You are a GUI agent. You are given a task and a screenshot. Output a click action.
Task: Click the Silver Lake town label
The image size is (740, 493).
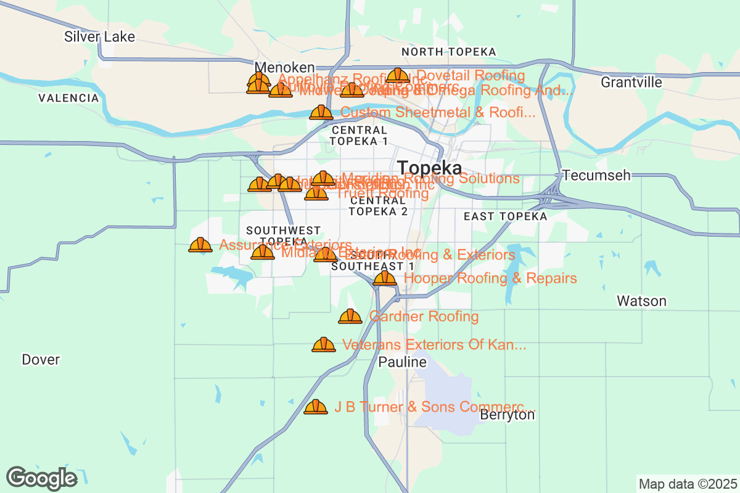(99, 37)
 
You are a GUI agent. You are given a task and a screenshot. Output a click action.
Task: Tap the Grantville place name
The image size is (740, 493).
(631, 83)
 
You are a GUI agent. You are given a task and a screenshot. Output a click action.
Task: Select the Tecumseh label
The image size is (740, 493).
(596, 176)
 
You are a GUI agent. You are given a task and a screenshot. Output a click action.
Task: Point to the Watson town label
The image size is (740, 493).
(641, 301)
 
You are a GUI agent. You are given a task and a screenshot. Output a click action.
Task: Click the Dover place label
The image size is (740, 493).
(41, 359)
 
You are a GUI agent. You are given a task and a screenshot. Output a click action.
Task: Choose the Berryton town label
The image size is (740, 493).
(507, 415)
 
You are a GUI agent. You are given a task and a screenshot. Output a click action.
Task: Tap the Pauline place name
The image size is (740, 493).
(402, 362)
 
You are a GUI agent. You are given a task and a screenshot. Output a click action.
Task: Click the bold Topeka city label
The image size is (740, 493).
(430, 168)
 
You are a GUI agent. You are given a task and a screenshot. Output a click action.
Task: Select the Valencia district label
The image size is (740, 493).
(68, 98)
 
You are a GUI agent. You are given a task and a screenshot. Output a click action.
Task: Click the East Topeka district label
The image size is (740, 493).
(505, 216)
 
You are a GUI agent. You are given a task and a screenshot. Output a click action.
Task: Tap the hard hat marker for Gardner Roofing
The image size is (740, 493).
(350, 317)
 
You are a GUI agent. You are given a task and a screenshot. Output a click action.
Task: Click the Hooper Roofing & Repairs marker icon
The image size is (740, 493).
(385, 279)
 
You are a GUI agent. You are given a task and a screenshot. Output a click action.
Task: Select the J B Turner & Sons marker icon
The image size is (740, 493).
(316, 407)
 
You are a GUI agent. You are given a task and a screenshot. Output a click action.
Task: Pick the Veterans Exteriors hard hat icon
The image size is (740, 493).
(323, 345)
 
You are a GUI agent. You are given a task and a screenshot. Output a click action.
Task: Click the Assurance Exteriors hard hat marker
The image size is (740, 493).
(200, 245)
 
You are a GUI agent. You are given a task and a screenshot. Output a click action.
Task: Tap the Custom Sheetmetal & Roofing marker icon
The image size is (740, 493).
(321, 113)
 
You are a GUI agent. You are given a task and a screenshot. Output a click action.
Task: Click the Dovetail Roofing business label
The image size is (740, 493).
(471, 76)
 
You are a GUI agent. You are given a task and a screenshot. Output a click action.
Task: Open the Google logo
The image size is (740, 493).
(42, 478)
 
